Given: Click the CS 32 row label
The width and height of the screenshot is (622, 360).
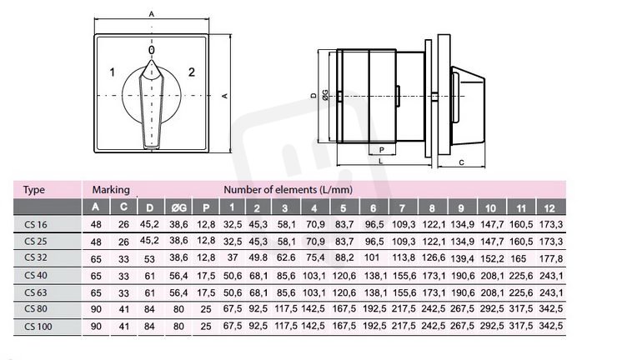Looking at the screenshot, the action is [36, 257].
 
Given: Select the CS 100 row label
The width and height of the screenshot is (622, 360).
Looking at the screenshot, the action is [38, 327].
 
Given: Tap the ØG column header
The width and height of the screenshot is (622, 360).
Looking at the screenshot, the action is [178, 207].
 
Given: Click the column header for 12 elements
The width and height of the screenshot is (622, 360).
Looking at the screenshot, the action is [549, 207].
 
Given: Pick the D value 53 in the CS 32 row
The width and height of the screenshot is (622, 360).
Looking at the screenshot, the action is [149, 259].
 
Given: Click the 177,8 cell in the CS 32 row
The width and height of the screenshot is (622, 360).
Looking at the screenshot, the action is [551, 259].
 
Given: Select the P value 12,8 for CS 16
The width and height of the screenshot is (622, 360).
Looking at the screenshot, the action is [206, 224].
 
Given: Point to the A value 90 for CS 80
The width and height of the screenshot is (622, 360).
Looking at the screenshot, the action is [96, 309].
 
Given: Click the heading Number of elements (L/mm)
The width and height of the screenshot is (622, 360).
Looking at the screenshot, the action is [288, 189].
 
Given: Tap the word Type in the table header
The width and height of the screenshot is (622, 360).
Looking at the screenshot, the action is [33, 189].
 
